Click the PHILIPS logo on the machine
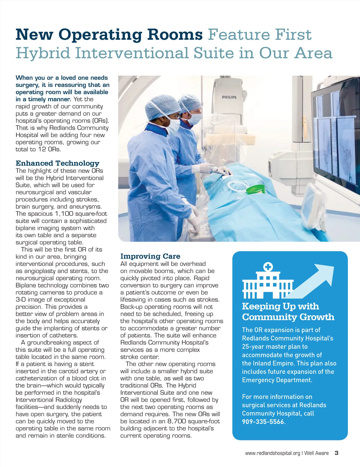coord(229,97)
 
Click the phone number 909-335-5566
coord(263,422)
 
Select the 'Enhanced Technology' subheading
coord(57,163)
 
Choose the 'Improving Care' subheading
coord(150,256)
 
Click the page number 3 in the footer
coord(337,453)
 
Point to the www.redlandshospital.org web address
coord(272,453)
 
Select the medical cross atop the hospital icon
coord(268,266)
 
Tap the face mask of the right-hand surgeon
coord(195,118)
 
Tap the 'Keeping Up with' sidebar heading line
coord(280,306)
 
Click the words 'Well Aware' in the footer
coord(316,453)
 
